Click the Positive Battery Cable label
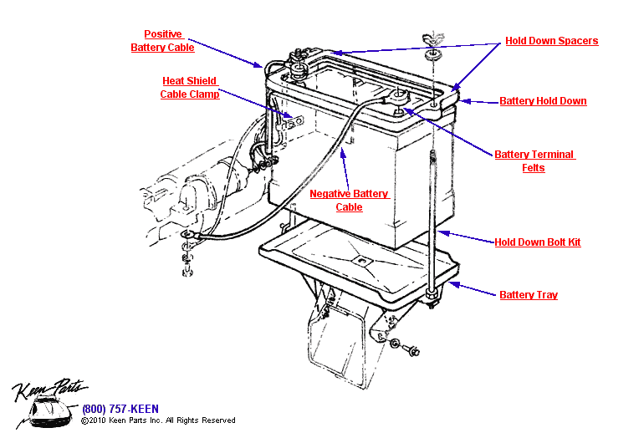tap(162, 41)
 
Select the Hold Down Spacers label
tap(551, 41)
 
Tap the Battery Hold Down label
tap(543, 101)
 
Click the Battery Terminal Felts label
tap(534, 161)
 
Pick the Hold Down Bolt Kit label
tap(537, 242)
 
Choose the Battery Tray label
tap(528, 294)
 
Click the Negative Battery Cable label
tap(349, 201)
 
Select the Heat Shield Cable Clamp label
tap(190, 88)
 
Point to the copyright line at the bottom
tap(158, 420)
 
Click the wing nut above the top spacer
tap(432, 40)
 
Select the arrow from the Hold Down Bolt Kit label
tap(465, 237)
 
